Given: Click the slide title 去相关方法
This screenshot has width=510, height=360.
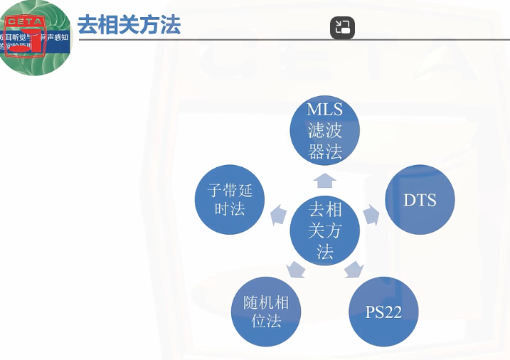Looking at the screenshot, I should click(x=129, y=25).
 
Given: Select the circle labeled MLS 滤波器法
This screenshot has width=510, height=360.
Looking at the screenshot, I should click(x=325, y=130).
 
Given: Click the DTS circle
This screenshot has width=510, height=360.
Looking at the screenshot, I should click(x=420, y=200).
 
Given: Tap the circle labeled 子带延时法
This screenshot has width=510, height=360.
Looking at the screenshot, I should click(x=230, y=200).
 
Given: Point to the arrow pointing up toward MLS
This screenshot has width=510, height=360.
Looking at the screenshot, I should click(x=325, y=179).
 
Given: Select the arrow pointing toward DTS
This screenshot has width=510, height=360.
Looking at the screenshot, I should click(x=371, y=213).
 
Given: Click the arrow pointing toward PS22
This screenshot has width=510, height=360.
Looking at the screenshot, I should click(x=354, y=269).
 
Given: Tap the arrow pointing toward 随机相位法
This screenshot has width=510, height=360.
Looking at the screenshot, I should click(x=296, y=269).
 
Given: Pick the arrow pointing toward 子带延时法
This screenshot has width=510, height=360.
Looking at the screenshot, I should click(x=278, y=213).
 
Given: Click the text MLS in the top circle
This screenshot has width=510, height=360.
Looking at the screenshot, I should click(x=325, y=110).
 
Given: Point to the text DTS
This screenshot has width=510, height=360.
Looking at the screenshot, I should click(x=420, y=200).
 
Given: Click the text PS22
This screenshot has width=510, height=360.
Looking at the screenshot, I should click(x=383, y=312).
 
